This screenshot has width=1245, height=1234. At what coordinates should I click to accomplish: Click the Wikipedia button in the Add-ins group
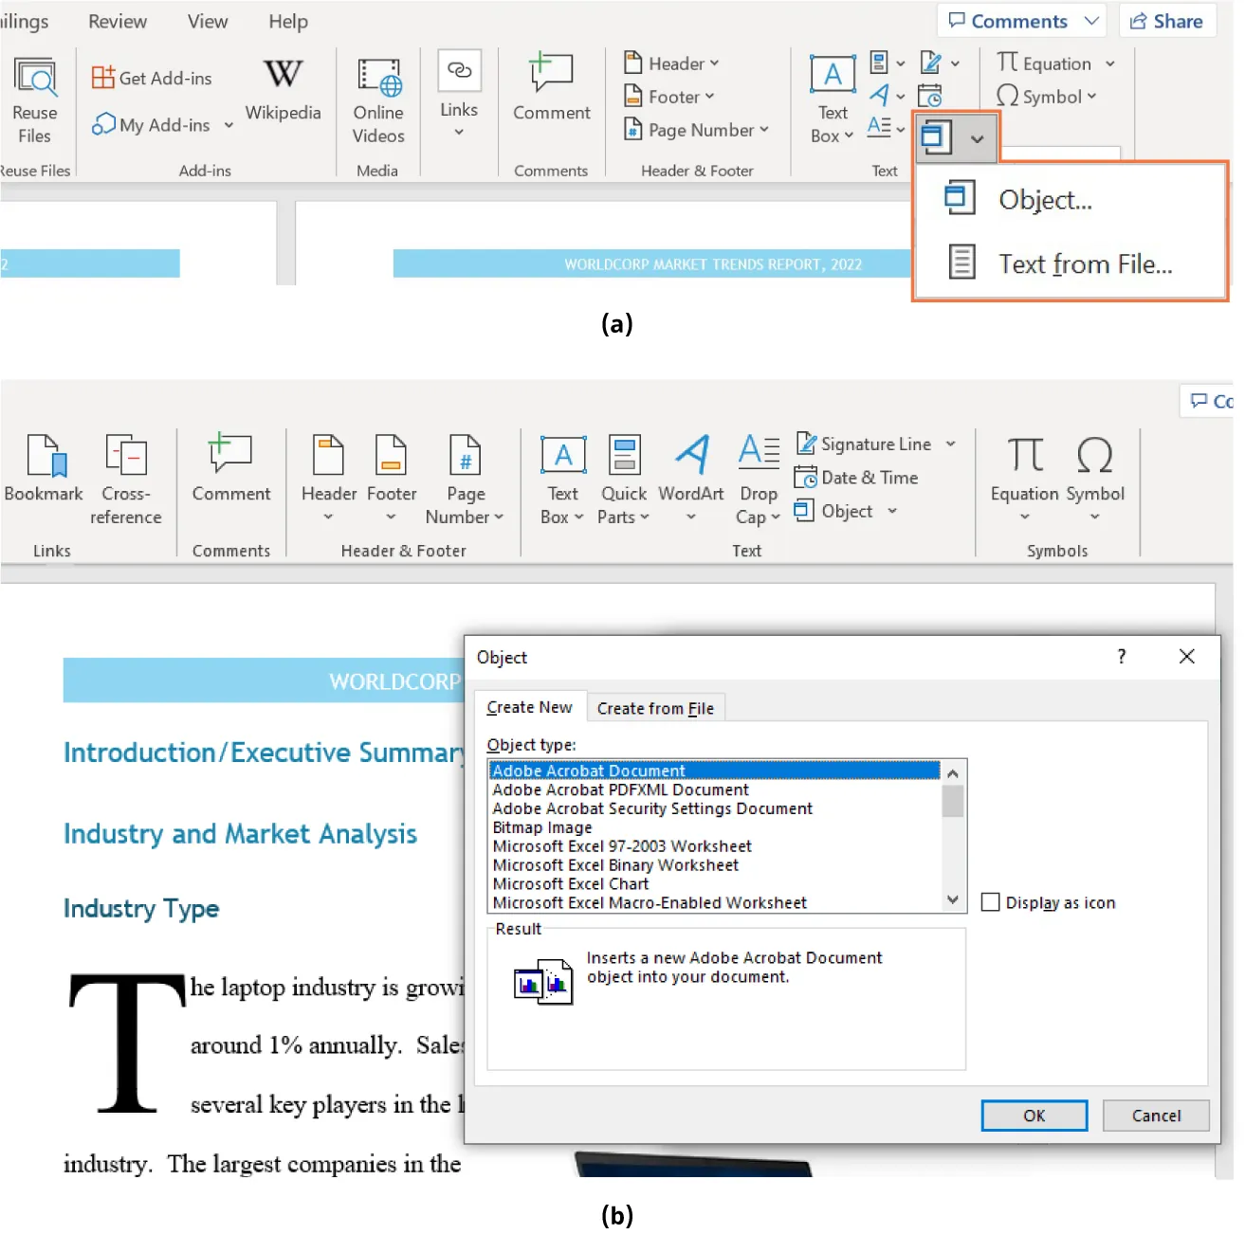click(283, 90)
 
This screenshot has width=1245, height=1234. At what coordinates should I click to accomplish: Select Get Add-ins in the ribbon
click(152, 78)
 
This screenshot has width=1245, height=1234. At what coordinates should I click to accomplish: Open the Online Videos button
click(378, 100)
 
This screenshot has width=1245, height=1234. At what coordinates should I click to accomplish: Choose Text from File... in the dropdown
click(1084, 263)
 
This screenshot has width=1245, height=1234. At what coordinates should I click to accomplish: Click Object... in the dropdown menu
click(1044, 200)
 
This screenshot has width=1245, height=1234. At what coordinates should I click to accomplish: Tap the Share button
click(1166, 21)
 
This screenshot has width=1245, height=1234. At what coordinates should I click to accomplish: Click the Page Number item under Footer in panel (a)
click(697, 130)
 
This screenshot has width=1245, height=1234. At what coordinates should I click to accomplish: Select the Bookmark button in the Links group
click(44, 468)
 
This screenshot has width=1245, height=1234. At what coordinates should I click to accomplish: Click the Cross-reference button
click(125, 479)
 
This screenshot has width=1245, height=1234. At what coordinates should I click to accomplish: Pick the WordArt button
click(691, 468)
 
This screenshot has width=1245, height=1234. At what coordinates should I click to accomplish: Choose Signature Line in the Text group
click(874, 444)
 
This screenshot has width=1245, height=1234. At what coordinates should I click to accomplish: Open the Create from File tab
click(655, 708)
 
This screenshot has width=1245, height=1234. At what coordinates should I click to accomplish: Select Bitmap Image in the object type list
click(542, 827)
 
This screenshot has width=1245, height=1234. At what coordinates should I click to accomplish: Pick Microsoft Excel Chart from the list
click(571, 883)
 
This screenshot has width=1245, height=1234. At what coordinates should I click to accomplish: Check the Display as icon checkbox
click(991, 902)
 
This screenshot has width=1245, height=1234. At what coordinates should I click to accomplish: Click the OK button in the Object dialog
click(1034, 1116)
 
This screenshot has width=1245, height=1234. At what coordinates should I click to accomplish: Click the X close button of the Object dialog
click(1186, 657)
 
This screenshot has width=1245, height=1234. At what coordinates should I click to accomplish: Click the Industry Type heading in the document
click(141, 908)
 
